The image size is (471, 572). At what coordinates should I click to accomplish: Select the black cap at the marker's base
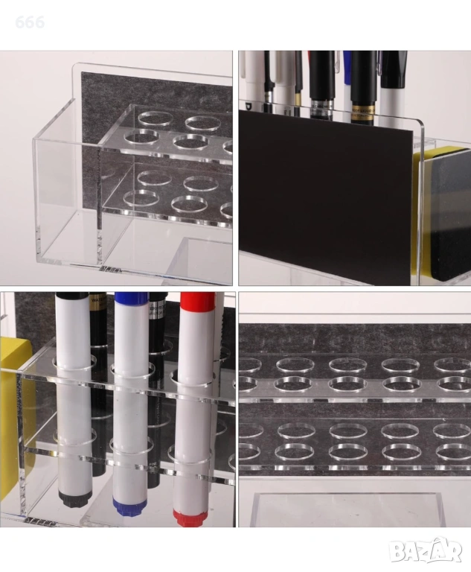73,499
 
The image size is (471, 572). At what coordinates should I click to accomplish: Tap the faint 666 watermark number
30,22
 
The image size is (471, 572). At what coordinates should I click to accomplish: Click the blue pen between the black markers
346,81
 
